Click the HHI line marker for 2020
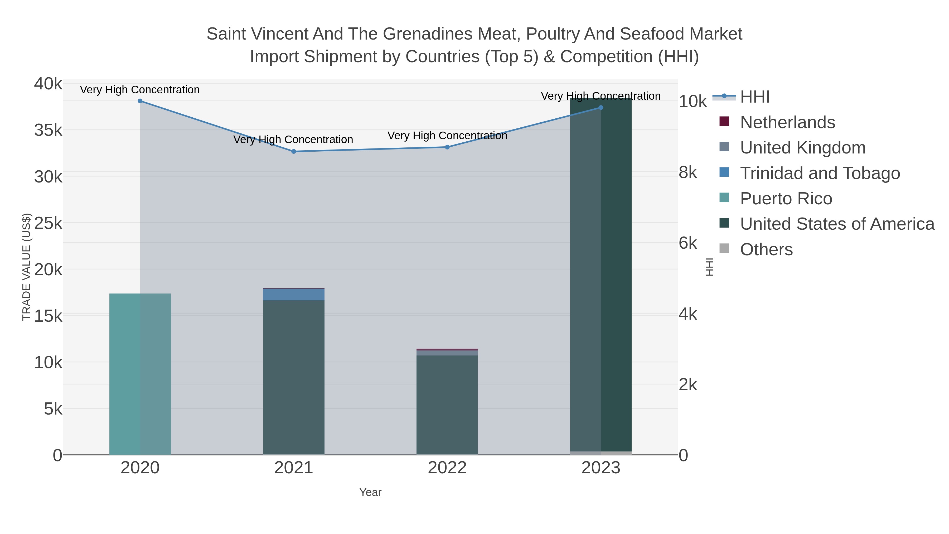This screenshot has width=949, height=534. (x=140, y=101)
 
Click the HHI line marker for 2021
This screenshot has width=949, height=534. (x=294, y=151)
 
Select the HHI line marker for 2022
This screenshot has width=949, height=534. (x=447, y=147)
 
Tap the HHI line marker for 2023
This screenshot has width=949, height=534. (x=601, y=108)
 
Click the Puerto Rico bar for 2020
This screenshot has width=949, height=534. (x=140, y=374)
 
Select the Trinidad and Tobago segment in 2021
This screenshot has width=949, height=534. (x=294, y=295)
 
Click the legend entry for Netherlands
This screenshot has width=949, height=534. (x=787, y=122)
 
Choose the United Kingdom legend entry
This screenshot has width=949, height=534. (x=802, y=148)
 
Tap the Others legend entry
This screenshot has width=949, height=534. (x=766, y=249)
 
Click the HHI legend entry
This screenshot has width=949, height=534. (x=754, y=97)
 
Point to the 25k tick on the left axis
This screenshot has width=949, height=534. (x=48, y=223)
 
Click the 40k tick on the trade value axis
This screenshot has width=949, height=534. (x=48, y=84)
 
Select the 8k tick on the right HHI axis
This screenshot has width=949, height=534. (x=688, y=172)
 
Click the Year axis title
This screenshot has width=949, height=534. (x=370, y=492)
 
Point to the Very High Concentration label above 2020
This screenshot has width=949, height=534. (x=140, y=90)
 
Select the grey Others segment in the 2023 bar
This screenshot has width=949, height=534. (x=601, y=453)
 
